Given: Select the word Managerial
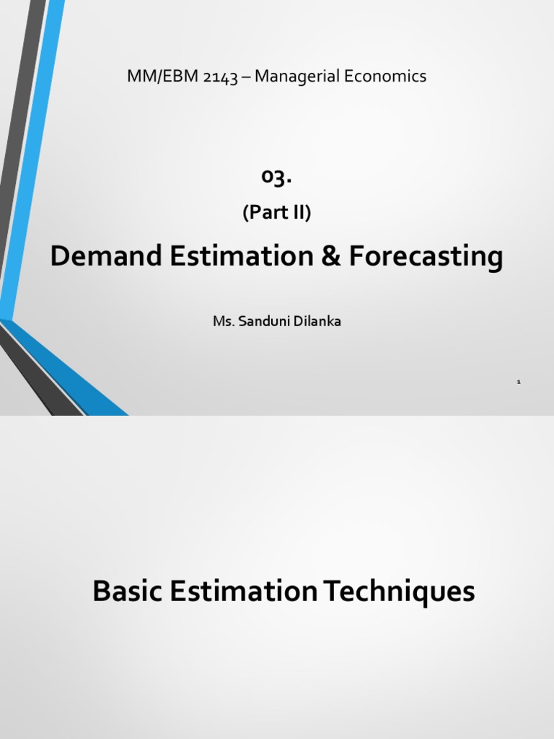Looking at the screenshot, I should (x=294, y=76).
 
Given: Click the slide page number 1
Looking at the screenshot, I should (x=519, y=381).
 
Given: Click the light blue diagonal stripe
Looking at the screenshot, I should (x=32, y=144).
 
